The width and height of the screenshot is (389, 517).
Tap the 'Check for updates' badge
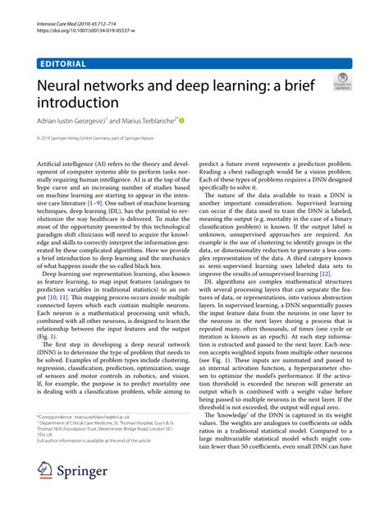point(342,83)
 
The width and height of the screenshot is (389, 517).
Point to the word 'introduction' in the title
point(79,103)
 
